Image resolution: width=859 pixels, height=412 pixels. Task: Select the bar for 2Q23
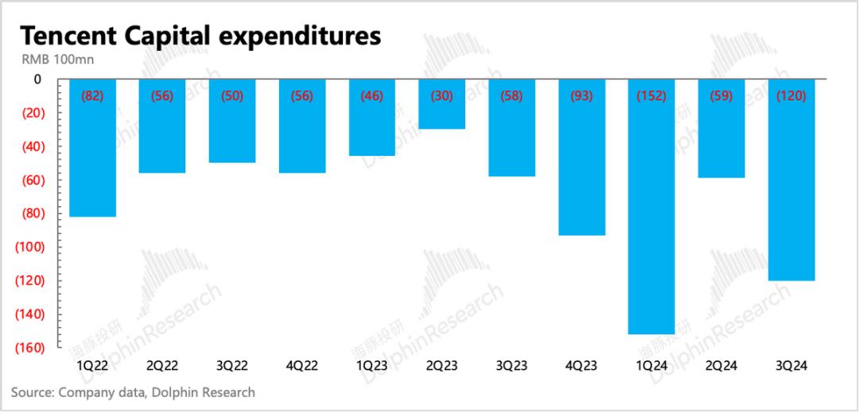pos(442,111)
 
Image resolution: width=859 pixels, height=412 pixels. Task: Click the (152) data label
pos(651,96)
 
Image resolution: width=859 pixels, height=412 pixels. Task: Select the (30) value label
pos(442,96)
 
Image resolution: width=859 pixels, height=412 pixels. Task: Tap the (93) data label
pos(581,96)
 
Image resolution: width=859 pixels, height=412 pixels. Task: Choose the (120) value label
pos(791,96)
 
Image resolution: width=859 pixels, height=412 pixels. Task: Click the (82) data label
pos(92,96)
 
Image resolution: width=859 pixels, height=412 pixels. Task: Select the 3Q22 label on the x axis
pos(232,367)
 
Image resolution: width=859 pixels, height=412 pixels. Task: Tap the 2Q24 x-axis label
pos(721,367)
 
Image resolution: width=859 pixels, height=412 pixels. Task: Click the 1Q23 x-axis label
pos(372,367)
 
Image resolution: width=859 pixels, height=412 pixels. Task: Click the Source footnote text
pos(133,392)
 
